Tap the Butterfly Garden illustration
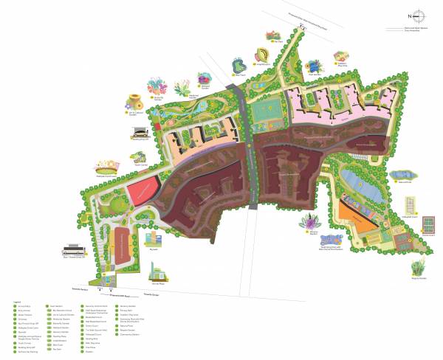(157, 86)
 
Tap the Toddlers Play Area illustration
(340, 57)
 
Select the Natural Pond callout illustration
(402, 176)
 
